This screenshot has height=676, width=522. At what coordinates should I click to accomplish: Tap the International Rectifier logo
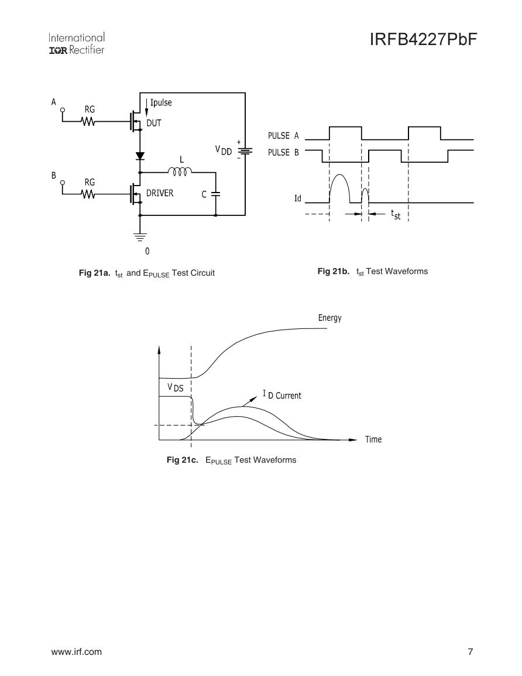[x=78, y=44]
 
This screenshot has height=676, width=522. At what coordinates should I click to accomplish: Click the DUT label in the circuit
[x=153, y=123]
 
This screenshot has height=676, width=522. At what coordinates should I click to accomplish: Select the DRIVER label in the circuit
[x=160, y=193]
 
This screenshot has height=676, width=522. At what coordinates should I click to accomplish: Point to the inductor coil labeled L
[x=178, y=171]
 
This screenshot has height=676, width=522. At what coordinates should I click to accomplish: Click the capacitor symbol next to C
[x=215, y=194]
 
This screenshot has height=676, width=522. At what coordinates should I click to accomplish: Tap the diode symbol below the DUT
[x=140, y=156]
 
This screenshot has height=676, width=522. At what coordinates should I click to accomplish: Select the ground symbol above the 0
[x=140, y=238]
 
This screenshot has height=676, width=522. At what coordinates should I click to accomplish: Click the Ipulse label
[x=160, y=103]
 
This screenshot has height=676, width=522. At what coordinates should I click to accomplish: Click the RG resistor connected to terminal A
[x=89, y=122]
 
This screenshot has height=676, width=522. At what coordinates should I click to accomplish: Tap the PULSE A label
[x=283, y=136]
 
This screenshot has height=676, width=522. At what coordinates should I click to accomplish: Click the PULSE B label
[x=283, y=152]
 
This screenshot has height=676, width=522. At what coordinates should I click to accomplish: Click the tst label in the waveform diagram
[x=396, y=215]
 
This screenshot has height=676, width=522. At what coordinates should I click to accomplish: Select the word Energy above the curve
[x=329, y=318]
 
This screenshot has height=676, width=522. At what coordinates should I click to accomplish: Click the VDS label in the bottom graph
[x=175, y=387]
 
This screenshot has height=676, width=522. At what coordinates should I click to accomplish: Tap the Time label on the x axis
[x=373, y=439]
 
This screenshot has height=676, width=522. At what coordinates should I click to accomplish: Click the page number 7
[x=470, y=652]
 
